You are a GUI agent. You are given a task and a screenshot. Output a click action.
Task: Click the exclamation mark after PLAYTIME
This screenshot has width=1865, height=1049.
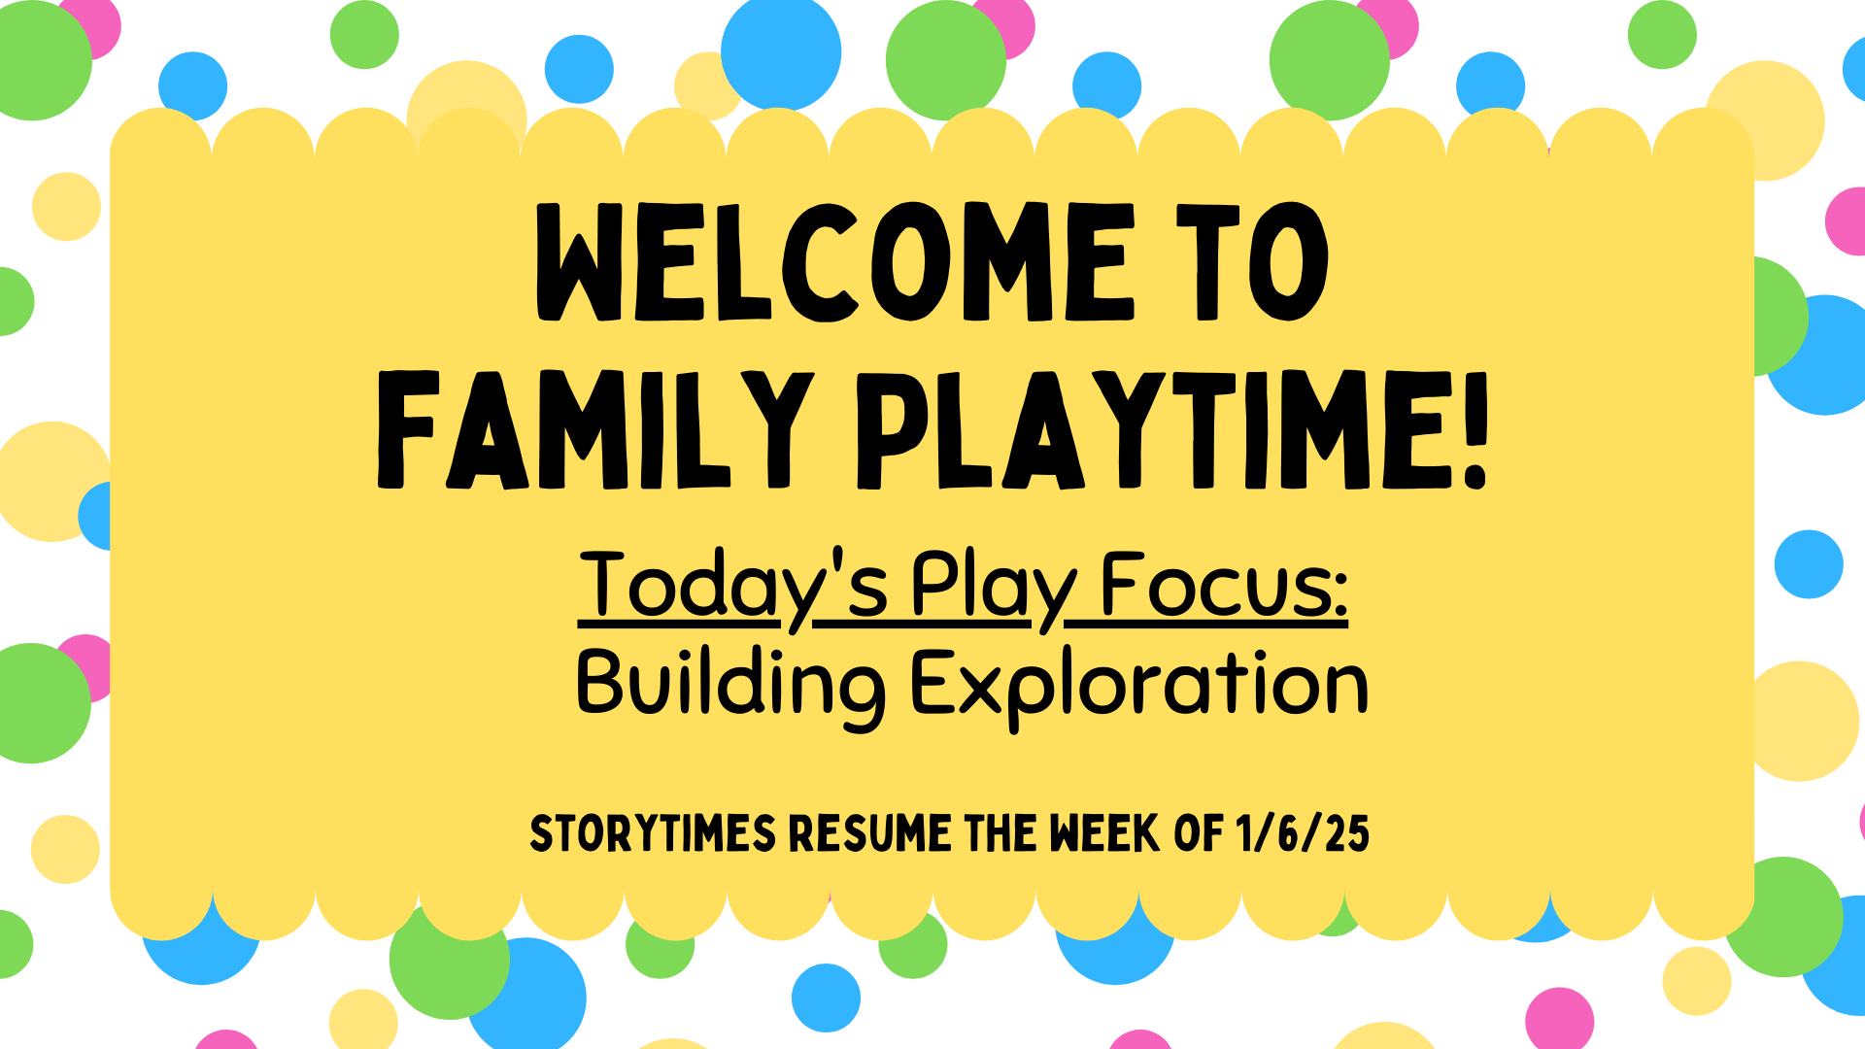(1475, 429)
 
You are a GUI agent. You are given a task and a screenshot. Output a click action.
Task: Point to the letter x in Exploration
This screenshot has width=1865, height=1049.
(982, 693)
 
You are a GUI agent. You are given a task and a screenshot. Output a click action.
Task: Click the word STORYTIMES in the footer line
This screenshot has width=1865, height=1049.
(653, 833)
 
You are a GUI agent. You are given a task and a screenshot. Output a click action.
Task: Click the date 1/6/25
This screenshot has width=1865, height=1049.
(1303, 833)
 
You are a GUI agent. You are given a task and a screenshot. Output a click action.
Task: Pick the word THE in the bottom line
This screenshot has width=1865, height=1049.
(1000, 833)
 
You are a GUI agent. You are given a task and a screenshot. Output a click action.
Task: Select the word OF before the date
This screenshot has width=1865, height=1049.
(1199, 833)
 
